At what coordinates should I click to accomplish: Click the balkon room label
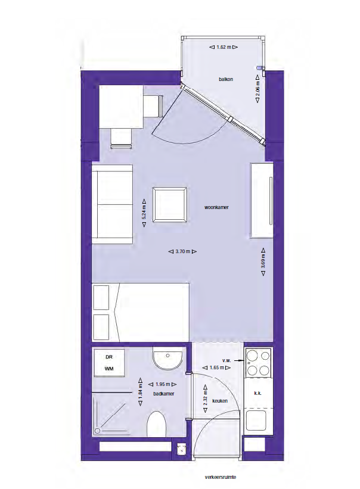pyautogui.click(x=226, y=79)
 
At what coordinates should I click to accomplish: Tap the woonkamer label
pyautogui.click(x=216, y=207)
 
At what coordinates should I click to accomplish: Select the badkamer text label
pyautogui.click(x=164, y=394)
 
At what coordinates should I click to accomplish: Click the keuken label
pyautogui.click(x=220, y=401)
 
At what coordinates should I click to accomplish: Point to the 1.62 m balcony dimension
pyautogui.click(x=224, y=47)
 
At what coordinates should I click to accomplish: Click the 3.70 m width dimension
pyautogui.click(x=183, y=251)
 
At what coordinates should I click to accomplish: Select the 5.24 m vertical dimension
pyautogui.click(x=144, y=213)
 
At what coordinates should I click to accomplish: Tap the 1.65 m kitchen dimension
pyautogui.click(x=216, y=367)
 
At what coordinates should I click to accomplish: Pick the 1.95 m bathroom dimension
pyautogui.click(x=163, y=384)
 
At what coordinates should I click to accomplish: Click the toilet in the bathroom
pyautogui.click(x=156, y=424)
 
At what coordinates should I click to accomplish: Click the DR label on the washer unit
pyautogui.click(x=109, y=357)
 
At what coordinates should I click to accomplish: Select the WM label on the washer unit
pyautogui.click(x=109, y=369)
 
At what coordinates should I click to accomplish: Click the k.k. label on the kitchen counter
pyautogui.click(x=257, y=393)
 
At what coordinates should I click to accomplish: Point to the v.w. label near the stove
pyautogui.click(x=226, y=360)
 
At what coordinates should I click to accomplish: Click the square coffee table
pyautogui.click(x=170, y=204)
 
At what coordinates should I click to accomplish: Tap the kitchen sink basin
pyautogui.click(x=256, y=420)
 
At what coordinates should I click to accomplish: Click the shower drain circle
pyautogui.click(x=97, y=431)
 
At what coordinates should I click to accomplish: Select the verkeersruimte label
pyautogui.click(x=221, y=477)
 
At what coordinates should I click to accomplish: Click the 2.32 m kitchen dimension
pyautogui.click(x=205, y=398)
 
